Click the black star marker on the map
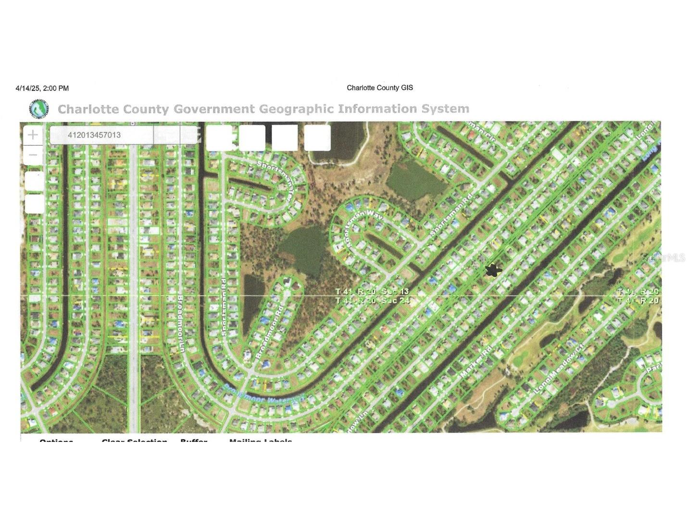coord(492,270)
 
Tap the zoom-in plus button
coord(33,135)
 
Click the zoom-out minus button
coord(33,155)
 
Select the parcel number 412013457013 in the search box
coord(94,135)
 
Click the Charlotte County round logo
coord(38,109)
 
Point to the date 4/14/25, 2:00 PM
coord(42,88)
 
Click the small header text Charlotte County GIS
coord(380,88)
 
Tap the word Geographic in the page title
coord(296,109)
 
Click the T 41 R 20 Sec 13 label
coord(372,292)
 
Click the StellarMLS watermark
coord(663,258)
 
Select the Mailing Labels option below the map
coord(261,440)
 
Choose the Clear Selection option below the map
coord(135,440)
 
